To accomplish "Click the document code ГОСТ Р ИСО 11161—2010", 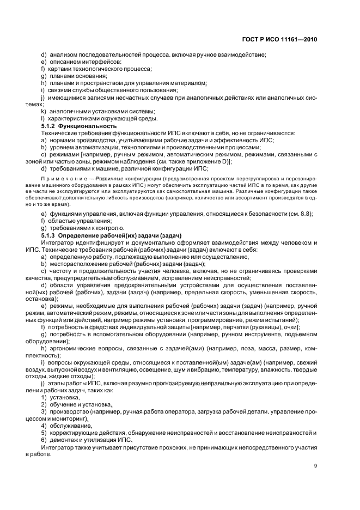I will (x=279, y=39).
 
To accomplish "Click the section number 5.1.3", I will (x=51, y=235).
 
